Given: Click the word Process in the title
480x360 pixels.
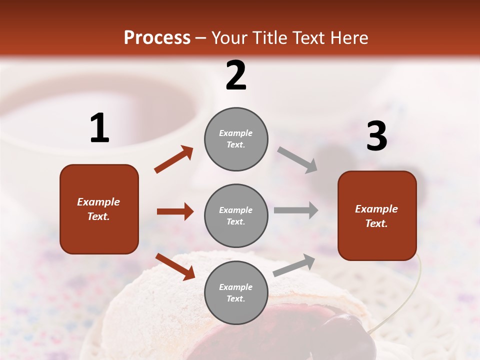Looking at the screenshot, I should click(157, 38).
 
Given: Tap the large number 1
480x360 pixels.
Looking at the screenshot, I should click(99, 128).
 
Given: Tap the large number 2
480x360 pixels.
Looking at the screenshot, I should click(236, 76).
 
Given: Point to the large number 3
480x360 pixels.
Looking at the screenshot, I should click(376, 136).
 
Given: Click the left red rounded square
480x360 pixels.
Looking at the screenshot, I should click(99, 209).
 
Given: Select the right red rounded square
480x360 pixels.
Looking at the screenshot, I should click(377, 215).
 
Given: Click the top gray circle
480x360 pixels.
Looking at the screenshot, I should click(236, 139).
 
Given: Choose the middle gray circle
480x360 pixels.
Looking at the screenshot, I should click(236, 215).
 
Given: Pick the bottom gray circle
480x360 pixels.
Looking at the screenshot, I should click(236, 292).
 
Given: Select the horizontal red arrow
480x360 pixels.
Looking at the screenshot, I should click(175, 211).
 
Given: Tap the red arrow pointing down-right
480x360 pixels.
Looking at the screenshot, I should click(175, 266).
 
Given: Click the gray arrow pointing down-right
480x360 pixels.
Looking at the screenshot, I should click(297, 160).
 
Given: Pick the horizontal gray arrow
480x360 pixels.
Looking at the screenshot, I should click(296, 210).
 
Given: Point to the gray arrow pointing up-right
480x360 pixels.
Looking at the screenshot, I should click(294, 265).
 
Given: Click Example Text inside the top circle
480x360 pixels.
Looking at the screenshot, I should click(236, 139).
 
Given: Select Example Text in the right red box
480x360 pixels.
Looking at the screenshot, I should click(376, 216).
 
